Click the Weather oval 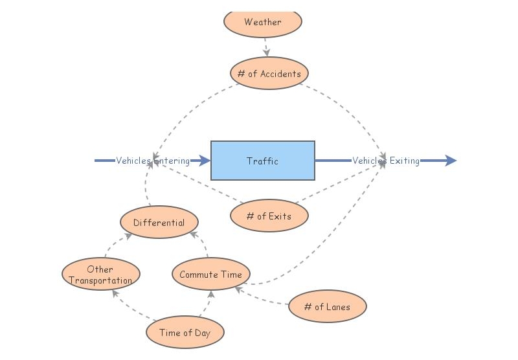click(263, 22)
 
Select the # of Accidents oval click(269, 73)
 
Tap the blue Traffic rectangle click(263, 161)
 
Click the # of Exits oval click(269, 216)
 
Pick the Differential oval click(159, 223)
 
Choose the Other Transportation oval click(100, 275)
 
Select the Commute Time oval click(211, 275)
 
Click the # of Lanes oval click(328, 306)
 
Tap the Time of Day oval click(185, 333)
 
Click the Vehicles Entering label click(153, 161)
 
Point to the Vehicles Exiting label click(386, 161)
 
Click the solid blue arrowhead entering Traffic click(205, 161)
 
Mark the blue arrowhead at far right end click(450, 161)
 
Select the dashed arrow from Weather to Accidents click(266, 47)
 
